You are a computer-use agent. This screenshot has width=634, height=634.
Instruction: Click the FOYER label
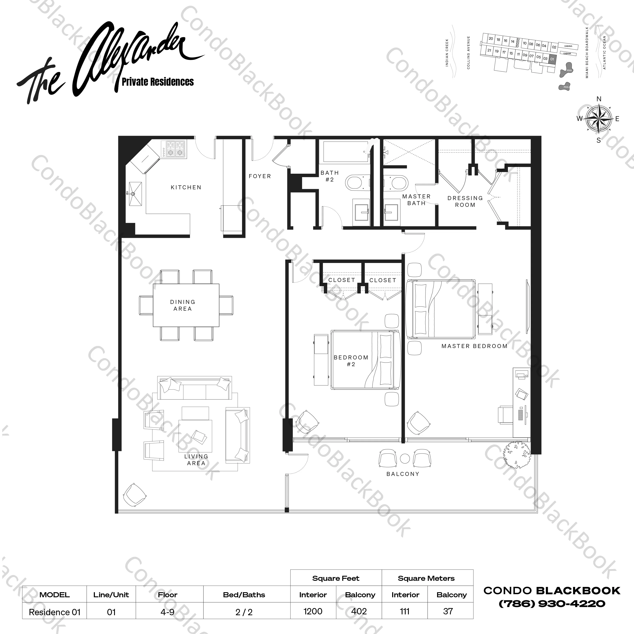[x=260, y=176]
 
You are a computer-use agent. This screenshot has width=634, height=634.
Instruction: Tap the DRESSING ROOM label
[x=465, y=201]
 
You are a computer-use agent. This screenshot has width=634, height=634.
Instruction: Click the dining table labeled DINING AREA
[x=186, y=305]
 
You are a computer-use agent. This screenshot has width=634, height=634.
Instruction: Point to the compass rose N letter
[x=599, y=99]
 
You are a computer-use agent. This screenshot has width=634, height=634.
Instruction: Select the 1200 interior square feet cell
[x=313, y=611]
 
